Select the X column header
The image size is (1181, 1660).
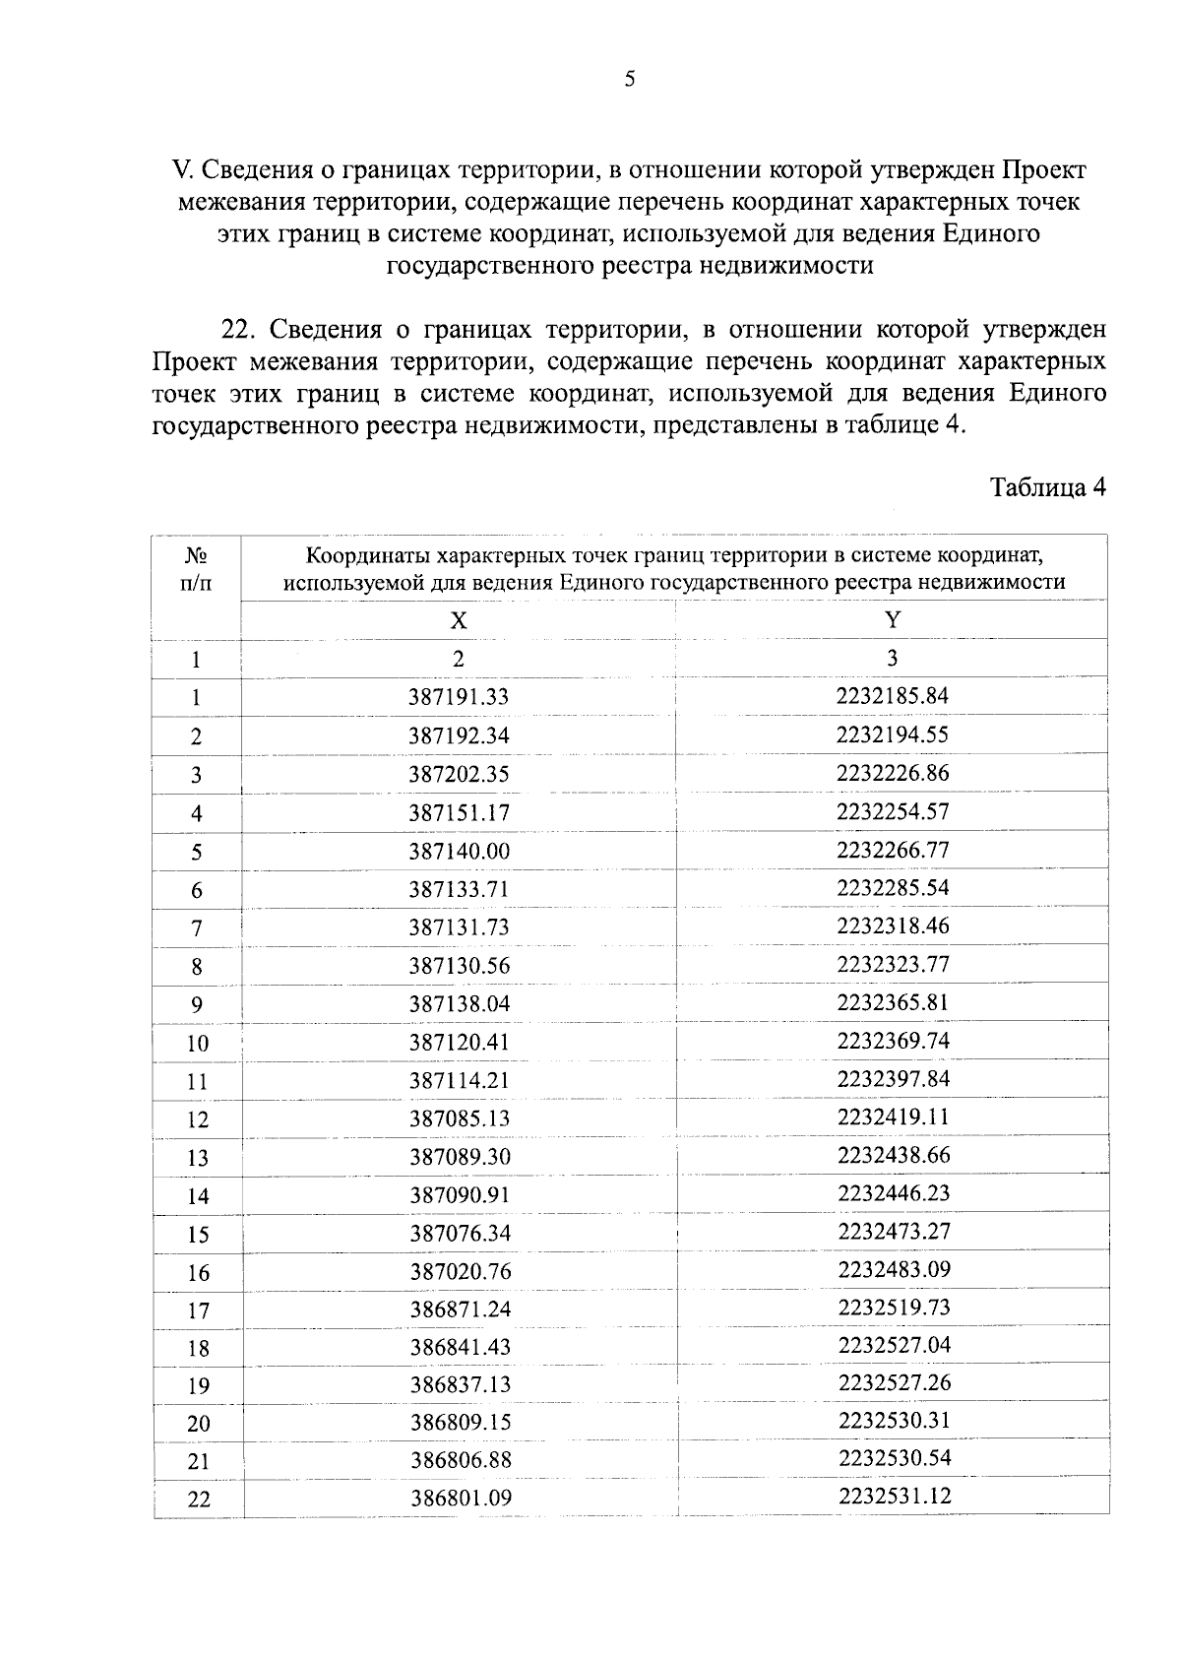(x=459, y=620)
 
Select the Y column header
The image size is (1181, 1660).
(x=893, y=619)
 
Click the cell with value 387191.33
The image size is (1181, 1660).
(x=459, y=697)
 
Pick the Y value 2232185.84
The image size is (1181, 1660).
(x=893, y=696)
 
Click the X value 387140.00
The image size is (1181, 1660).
(x=460, y=851)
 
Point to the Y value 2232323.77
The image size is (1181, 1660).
(x=894, y=964)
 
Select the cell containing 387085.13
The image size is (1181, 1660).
(x=460, y=1118)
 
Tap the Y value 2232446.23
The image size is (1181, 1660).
(x=894, y=1193)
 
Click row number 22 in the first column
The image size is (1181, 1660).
(x=199, y=1500)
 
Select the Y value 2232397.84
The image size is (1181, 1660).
(x=894, y=1079)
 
